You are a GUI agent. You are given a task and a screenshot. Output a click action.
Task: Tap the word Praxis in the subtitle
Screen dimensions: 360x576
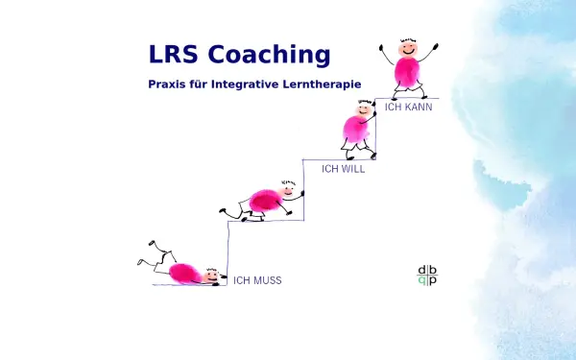click(x=167, y=84)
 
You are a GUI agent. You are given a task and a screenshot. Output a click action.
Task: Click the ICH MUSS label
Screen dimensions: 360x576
click(x=257, y=281)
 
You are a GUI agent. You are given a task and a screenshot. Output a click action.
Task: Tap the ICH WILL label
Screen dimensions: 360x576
click(x=343, y=169)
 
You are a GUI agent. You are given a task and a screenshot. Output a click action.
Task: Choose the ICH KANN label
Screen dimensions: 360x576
click(x=408, y=108)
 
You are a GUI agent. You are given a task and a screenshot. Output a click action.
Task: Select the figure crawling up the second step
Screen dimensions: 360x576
click(x=264, y=200)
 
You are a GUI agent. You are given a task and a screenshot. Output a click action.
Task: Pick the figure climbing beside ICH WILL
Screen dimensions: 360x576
click(x=359, y=129)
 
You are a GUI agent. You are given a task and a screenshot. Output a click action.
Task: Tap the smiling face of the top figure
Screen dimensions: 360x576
click(x=407, y=45)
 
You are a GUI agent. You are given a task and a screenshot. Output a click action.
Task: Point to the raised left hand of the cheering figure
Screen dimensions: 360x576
click(x=382, y=44)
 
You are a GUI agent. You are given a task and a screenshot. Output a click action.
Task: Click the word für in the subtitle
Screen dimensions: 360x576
click(x=198, y=84)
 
